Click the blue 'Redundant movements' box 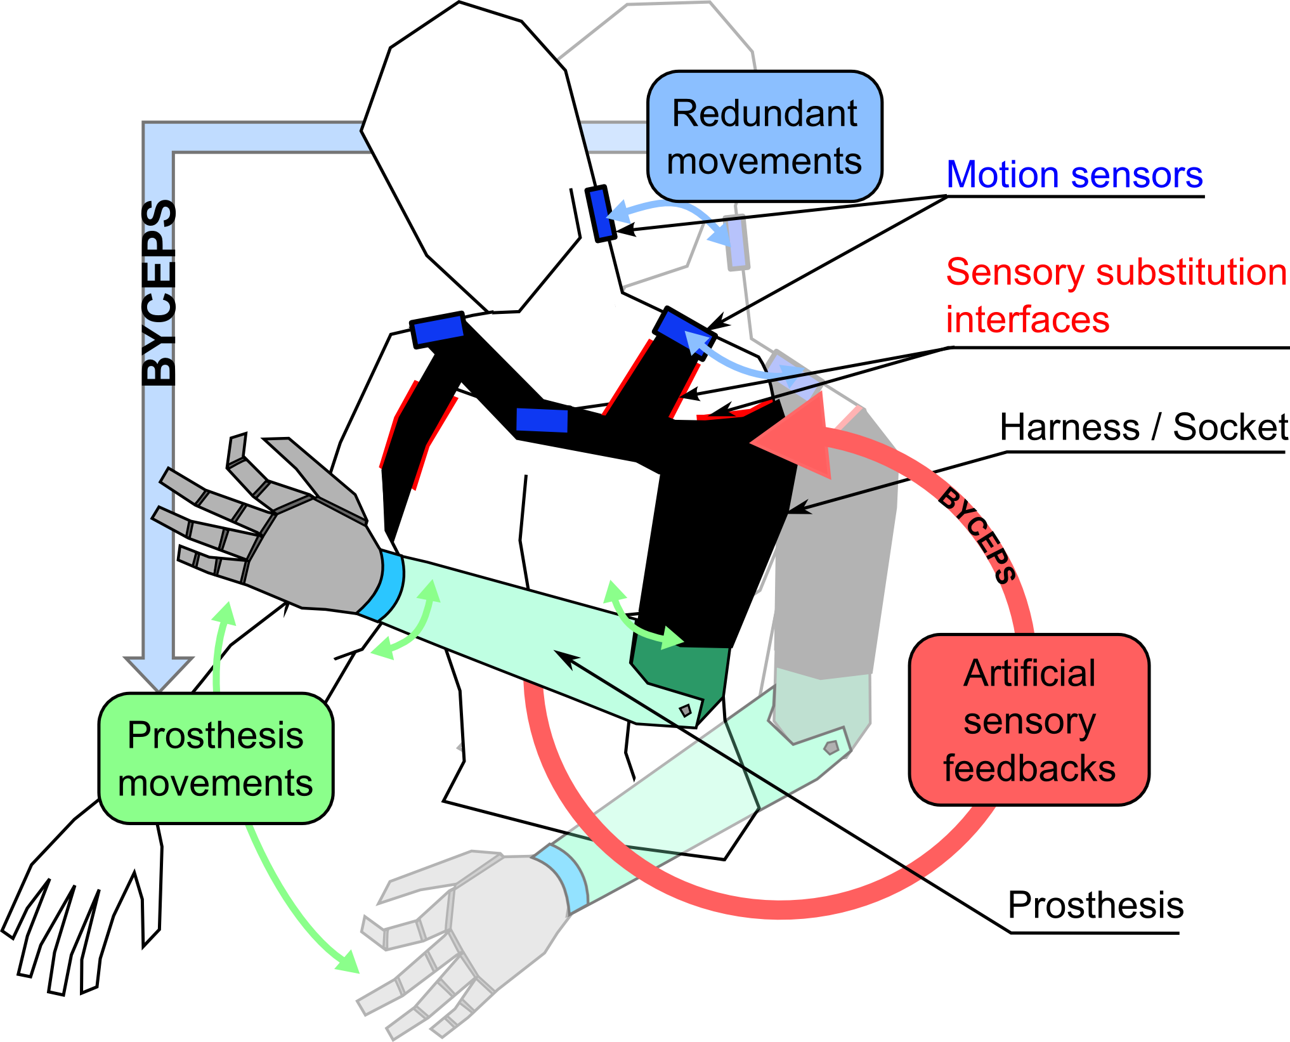click(764, 136)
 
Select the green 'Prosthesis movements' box click(216, 759)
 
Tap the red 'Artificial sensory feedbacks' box click(1029, 720)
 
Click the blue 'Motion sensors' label click(1074, 175)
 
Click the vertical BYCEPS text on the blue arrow click(159, 292)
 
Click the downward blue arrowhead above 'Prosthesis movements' click(159, 672)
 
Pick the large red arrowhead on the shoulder click(799, 438)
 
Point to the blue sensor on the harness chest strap click(542, 420)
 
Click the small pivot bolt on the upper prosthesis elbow click(686, 710)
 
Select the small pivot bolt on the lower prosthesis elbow click(831, 747)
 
